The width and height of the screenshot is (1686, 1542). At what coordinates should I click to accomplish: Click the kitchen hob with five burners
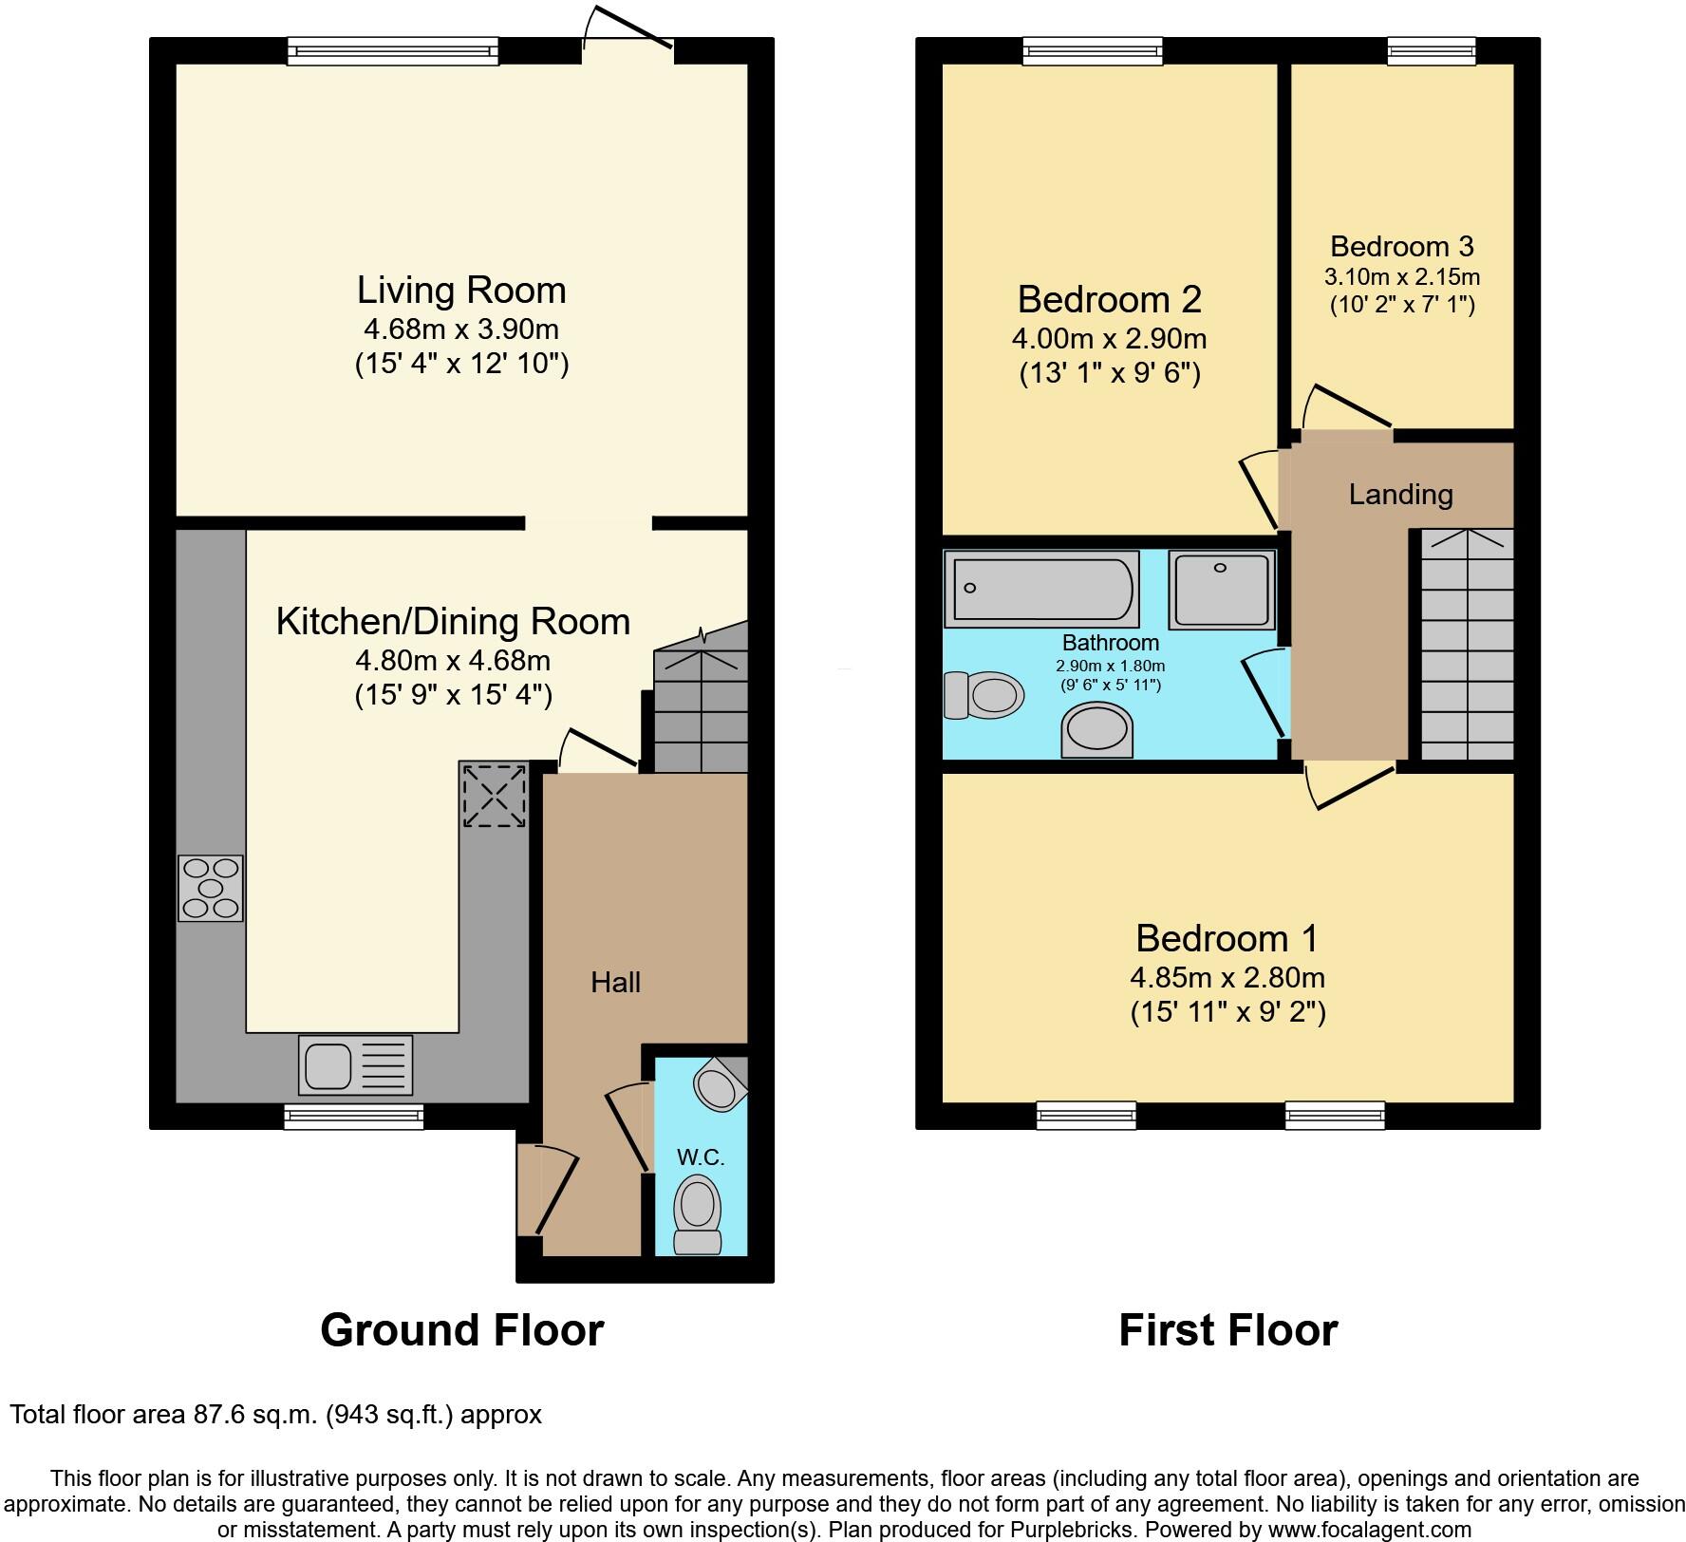211,889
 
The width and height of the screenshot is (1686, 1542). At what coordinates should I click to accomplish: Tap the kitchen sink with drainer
356,1064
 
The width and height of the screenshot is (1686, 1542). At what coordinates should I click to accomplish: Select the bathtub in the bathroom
1041,589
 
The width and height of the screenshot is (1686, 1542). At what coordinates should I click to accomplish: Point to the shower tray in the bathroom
1222,590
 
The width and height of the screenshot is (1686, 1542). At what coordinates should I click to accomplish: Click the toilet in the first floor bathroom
984,695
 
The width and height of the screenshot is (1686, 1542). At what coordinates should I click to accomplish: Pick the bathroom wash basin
1097,730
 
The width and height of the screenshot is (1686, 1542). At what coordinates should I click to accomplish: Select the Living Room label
461,291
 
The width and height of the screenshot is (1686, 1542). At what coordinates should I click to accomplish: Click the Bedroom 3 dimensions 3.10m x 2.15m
1402,277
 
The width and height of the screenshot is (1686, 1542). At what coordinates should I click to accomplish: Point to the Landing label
1401,495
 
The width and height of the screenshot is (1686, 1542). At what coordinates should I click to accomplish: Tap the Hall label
615,982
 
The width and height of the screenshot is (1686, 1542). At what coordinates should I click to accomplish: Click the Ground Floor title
462,1330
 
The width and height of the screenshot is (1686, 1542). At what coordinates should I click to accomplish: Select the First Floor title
1228,1330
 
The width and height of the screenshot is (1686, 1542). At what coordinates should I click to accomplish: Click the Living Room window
393,51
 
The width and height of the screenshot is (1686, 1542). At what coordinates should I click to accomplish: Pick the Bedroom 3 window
1432,51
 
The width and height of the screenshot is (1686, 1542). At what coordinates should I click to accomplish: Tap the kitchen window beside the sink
354,1116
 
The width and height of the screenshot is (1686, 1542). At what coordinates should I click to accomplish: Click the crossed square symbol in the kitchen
494,794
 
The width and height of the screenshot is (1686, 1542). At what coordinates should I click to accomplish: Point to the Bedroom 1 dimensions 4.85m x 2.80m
1227,977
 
